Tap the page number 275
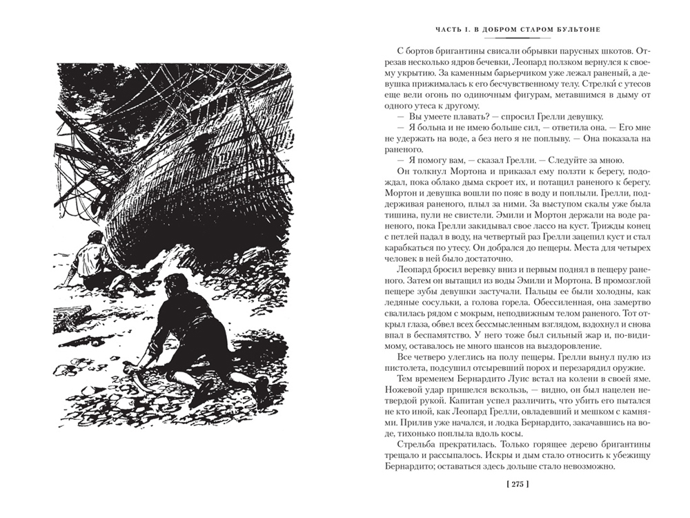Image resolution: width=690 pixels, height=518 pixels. (x=517, y=485)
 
